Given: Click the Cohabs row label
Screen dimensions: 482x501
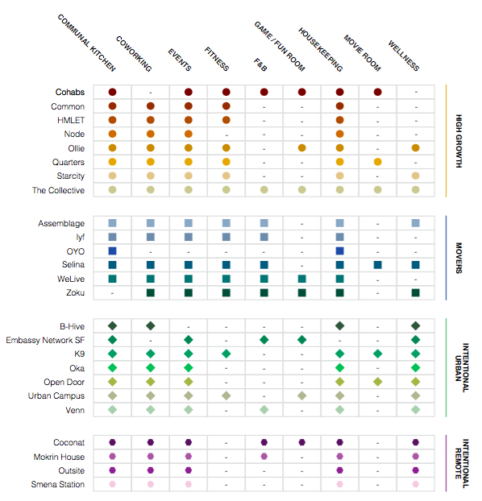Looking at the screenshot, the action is (70, 92).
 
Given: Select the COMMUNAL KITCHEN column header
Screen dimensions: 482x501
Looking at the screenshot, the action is (86, 43).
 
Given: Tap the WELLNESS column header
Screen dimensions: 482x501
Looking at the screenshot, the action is (404, 56).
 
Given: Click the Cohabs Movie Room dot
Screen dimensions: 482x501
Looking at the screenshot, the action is (378, 92).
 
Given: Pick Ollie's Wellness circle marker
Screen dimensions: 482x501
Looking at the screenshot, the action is (415, 148).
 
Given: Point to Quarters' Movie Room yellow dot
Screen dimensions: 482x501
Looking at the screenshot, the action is (378, 162).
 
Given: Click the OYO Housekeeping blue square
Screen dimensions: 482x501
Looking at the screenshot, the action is (339, 250).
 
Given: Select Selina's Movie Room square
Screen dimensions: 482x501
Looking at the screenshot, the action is (378, 265).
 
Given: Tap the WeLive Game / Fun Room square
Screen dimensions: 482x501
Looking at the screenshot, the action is (302, 279).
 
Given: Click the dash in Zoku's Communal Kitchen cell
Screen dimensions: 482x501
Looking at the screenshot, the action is (112, 293).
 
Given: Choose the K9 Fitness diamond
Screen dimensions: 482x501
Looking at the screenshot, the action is (226, 354).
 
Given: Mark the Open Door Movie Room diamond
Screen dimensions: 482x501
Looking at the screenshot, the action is (378, 382).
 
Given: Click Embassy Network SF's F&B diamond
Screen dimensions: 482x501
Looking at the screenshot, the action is (264, 340).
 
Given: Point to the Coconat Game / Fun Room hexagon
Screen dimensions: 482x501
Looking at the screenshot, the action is (302, 442).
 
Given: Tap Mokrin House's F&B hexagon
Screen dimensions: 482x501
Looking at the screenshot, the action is (264, 456).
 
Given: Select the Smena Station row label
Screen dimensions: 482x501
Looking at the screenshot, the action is (58, 484).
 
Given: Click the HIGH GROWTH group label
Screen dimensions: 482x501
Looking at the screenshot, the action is (459, 141).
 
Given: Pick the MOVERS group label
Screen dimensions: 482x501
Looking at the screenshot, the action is (459, 258).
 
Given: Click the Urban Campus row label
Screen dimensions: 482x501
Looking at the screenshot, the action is (56, 395).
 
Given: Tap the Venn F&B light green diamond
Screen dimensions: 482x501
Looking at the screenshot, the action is (264, 410).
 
